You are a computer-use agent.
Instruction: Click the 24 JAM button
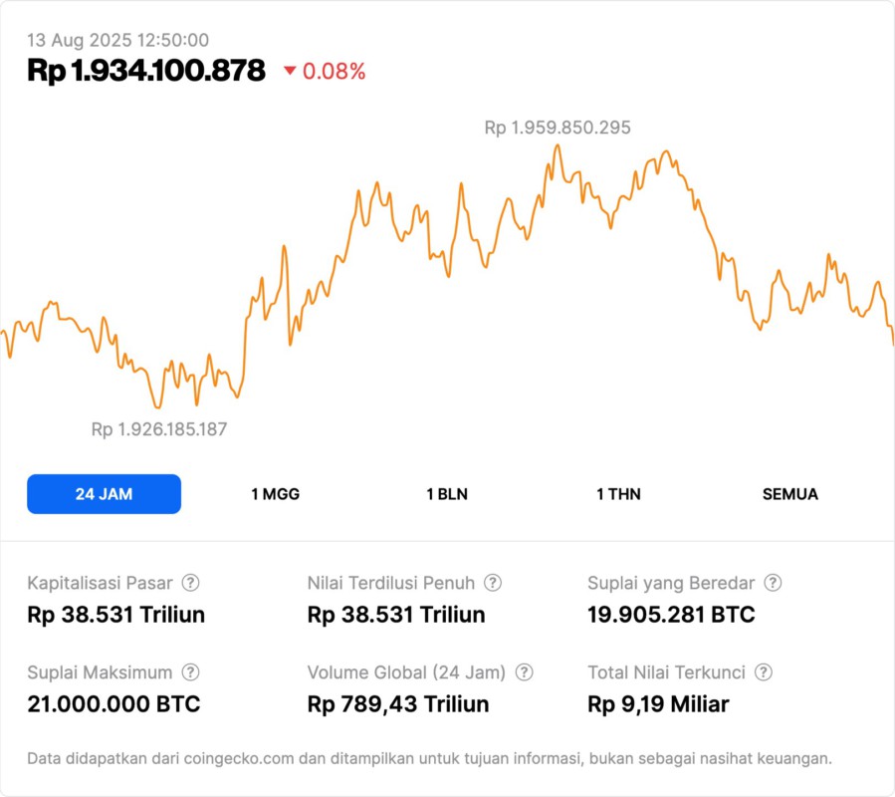(104, 494)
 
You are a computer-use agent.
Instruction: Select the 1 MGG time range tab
(275, 494)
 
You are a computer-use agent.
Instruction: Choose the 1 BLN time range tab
(447, 494)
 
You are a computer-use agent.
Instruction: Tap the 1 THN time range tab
(618, 494)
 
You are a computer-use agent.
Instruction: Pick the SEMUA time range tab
(790, 494)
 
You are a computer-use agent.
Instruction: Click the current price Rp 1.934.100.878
(146, 71)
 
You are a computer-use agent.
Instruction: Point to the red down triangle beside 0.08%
(290, 71)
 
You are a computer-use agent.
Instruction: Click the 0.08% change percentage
(334, 72)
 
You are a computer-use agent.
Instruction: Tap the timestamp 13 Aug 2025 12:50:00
(117, 40)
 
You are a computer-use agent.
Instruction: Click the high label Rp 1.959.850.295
(558, 128)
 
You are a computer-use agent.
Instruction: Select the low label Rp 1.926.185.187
(159, 429)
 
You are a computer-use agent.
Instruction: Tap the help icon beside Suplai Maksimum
(191, 672)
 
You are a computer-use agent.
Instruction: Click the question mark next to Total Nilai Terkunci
(764, 672)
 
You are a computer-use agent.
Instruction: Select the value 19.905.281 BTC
(671, 615)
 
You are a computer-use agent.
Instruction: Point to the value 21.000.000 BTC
(113, 704)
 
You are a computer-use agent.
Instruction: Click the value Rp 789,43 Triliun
(398, 704)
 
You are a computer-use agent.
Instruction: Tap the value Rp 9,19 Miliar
(658, 704)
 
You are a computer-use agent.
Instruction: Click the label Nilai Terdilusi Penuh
(391, 583)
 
